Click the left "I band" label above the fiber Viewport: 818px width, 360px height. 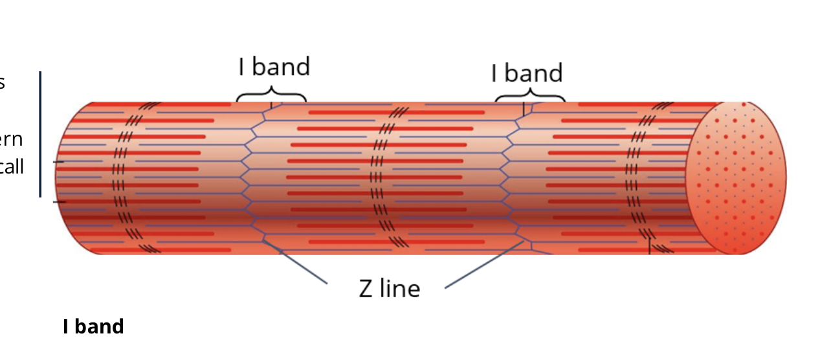click(274, 67)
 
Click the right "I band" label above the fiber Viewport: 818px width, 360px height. click(527, 73)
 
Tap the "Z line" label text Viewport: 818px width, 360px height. click(389, 288)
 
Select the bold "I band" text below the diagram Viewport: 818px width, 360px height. click(93, 326)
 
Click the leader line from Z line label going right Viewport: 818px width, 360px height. click(482, 265)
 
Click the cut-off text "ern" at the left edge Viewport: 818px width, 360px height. click(12, 139)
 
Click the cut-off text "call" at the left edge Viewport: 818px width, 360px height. click(12, 167)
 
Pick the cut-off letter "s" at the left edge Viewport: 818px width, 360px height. click(3, 83)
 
